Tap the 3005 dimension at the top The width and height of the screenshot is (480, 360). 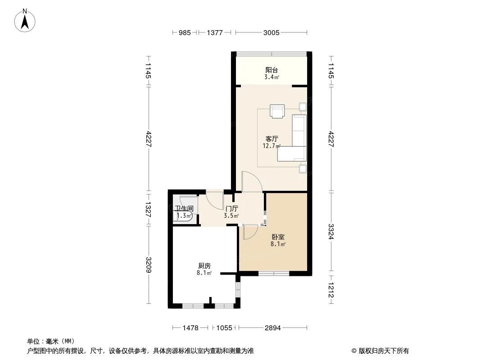[x=272, y=32]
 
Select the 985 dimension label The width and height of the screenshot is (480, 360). [x=185, y=32]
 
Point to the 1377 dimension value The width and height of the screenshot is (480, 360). [x=215, y=32]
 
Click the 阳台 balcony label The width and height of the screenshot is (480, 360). [x=271, y=70]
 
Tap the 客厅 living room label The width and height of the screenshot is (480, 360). [x=272, y=139]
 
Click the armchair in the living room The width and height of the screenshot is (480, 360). [x=277, y=111]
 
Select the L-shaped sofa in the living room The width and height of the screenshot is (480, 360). [x=296, y=139]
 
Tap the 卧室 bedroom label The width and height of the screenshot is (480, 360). [x=278, y=237]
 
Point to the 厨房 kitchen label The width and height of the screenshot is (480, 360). [x=204, y=265]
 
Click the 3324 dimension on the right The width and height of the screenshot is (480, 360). [x=331, y=232]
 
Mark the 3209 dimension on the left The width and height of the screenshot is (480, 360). [x=148, y=265]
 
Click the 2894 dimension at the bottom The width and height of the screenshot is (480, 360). [x=272, y=328]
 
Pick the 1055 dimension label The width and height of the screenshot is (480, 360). [x=223, y=328]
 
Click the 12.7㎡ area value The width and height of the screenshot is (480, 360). [x=272, y=146]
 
